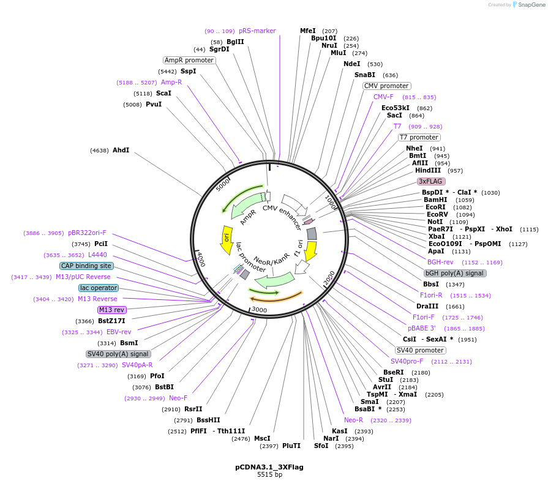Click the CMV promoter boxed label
[x=387, y=86]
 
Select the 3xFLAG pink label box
[x=431, y=181]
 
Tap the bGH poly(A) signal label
[x=455, y=273]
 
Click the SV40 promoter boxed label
[x=421, y=350]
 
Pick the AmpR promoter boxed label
[x=189, y=60]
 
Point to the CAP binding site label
[x=86, y=266]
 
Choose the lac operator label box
[x=99, y=288]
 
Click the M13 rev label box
[x=112, y=310]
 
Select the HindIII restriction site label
[x=428, y=170]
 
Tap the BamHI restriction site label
[x=435, y=200]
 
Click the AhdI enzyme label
[x=121, y=150]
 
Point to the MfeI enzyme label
[x=308, y=31]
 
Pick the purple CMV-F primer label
[x=383, y=97]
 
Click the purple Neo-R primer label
[x=353, y=420]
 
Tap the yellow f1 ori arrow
[x=310, y=249]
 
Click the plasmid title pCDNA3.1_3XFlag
[x=269, y=466]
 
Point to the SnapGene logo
[x=528, y=5]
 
